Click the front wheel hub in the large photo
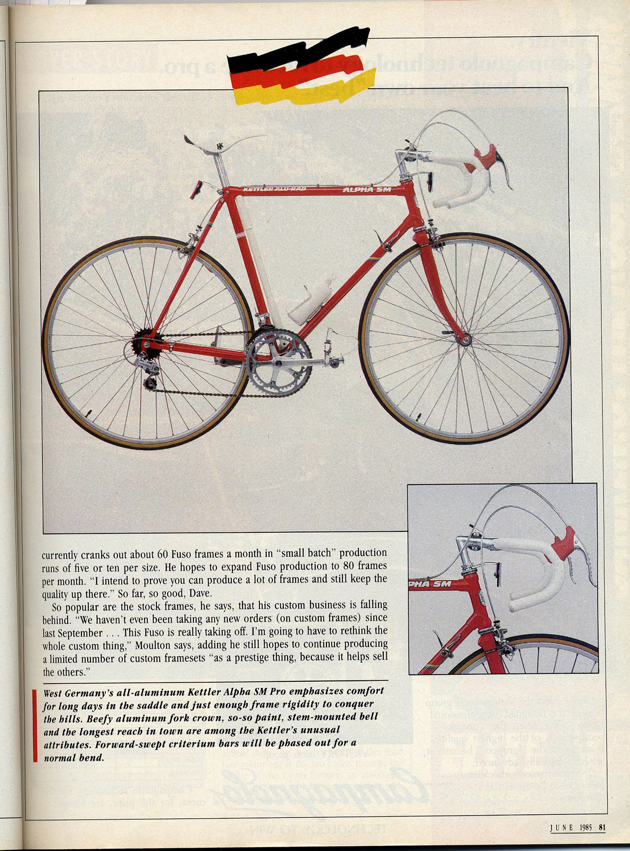point(465,339)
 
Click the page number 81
point(602,827)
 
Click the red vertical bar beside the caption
point(35,725)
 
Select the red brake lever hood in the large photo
point(485,157)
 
